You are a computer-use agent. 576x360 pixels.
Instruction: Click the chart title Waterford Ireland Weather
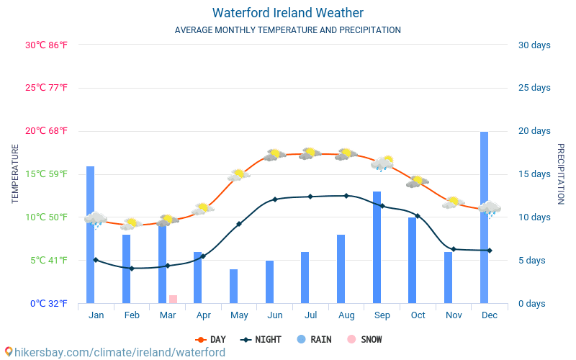(x=288, y=13)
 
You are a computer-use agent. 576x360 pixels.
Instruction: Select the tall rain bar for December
(x=485, y=216)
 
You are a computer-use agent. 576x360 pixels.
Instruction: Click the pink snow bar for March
(x=173, y=299)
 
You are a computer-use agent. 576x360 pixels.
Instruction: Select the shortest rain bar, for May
(x=233, y=287)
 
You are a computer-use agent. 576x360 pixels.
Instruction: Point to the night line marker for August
(x=346, y=196)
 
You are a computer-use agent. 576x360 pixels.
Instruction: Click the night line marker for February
(x=132, y=269)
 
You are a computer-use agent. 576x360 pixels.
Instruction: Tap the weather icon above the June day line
(x=274, y=154)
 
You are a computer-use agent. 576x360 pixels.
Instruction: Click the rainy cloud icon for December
(x=490, y=209)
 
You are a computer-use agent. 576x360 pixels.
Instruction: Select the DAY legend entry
(x=211, y=340)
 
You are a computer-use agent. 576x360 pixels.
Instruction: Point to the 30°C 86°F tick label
(x=46, y=45)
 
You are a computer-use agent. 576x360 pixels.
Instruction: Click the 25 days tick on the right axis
(x=534, y=88)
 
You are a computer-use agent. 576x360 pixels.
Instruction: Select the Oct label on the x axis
(x=418, y=315)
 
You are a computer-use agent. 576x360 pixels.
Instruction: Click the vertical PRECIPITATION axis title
(x=561, y=174)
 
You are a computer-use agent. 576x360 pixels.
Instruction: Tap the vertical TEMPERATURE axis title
(x=15, y=174)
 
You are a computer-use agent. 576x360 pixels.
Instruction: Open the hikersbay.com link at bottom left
(x=115, y=352)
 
